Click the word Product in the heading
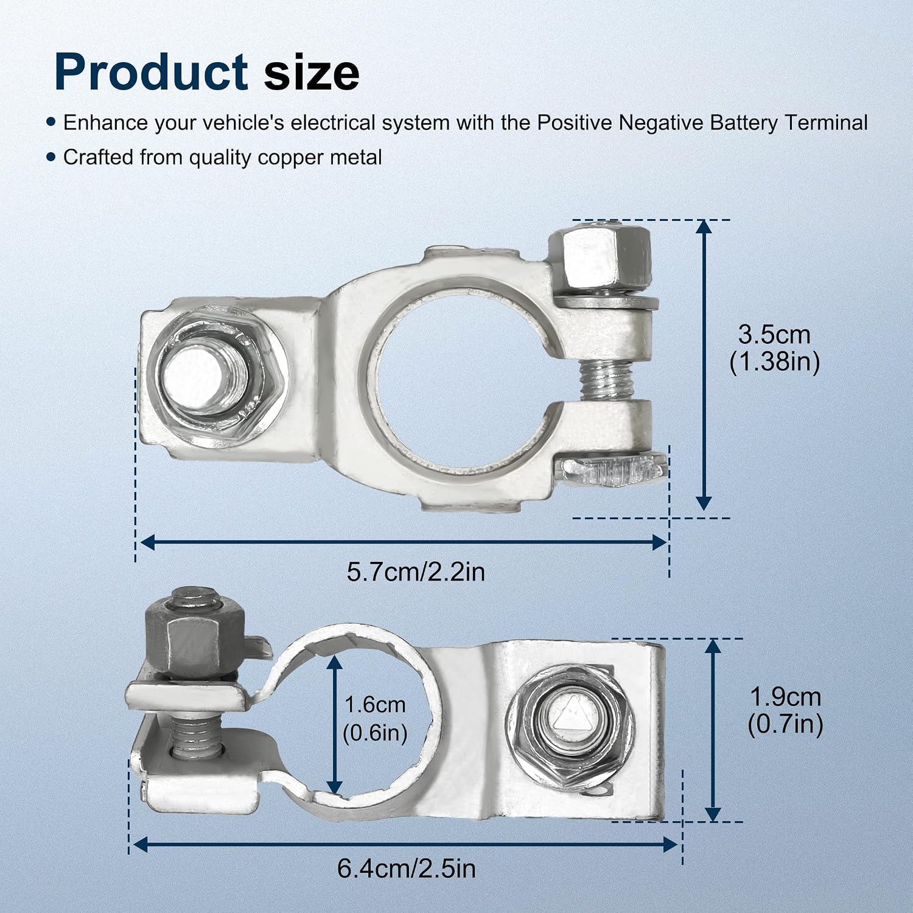151,72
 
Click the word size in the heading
312,72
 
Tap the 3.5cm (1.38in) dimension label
774,348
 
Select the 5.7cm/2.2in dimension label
416,572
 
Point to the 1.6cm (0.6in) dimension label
375,719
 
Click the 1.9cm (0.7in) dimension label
785,710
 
